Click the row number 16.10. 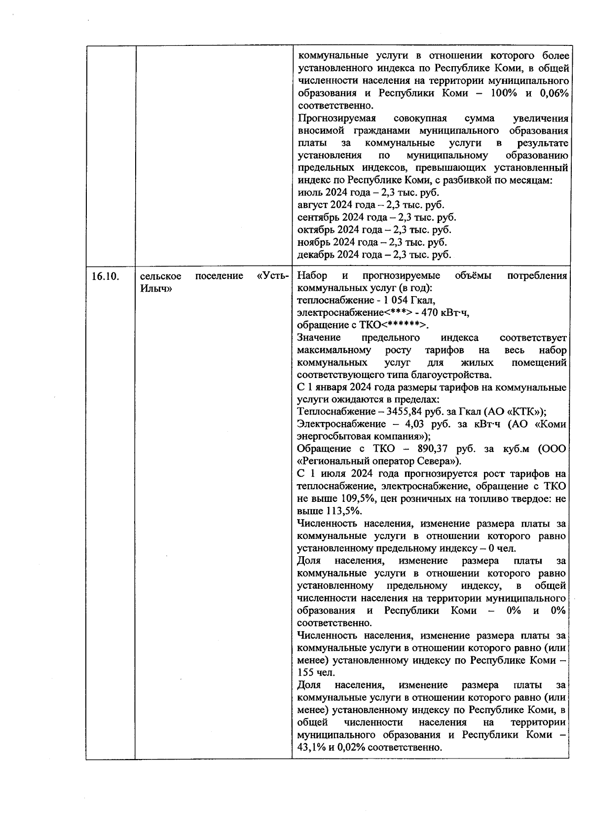click(x=105, y=276)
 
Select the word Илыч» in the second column click(x=156, y=289)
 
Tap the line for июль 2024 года click(x=368, y=193)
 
